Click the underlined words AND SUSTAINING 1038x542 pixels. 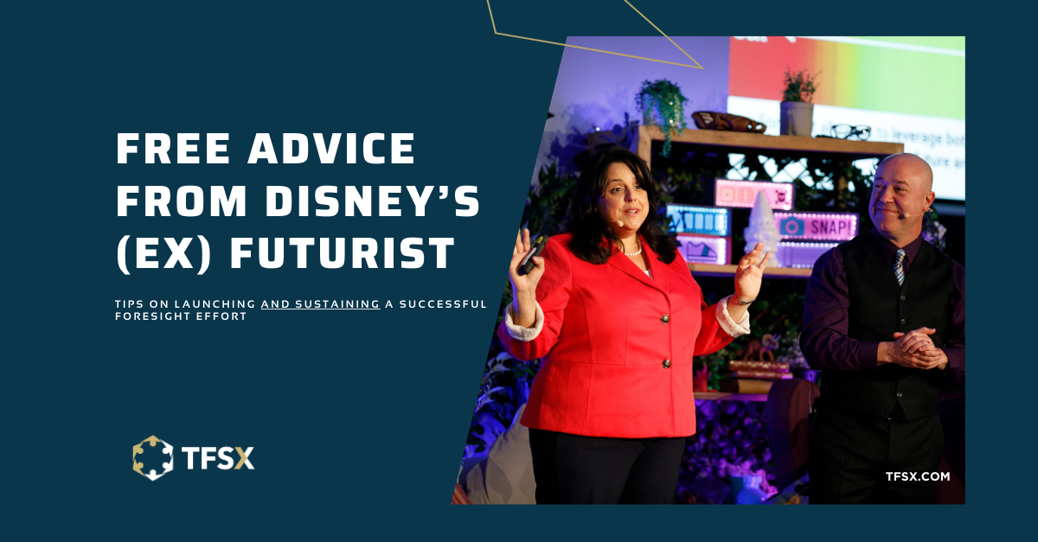320,304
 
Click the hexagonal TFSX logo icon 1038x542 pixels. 152,458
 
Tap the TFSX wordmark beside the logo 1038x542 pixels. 218,458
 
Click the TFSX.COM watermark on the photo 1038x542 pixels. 918,476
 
